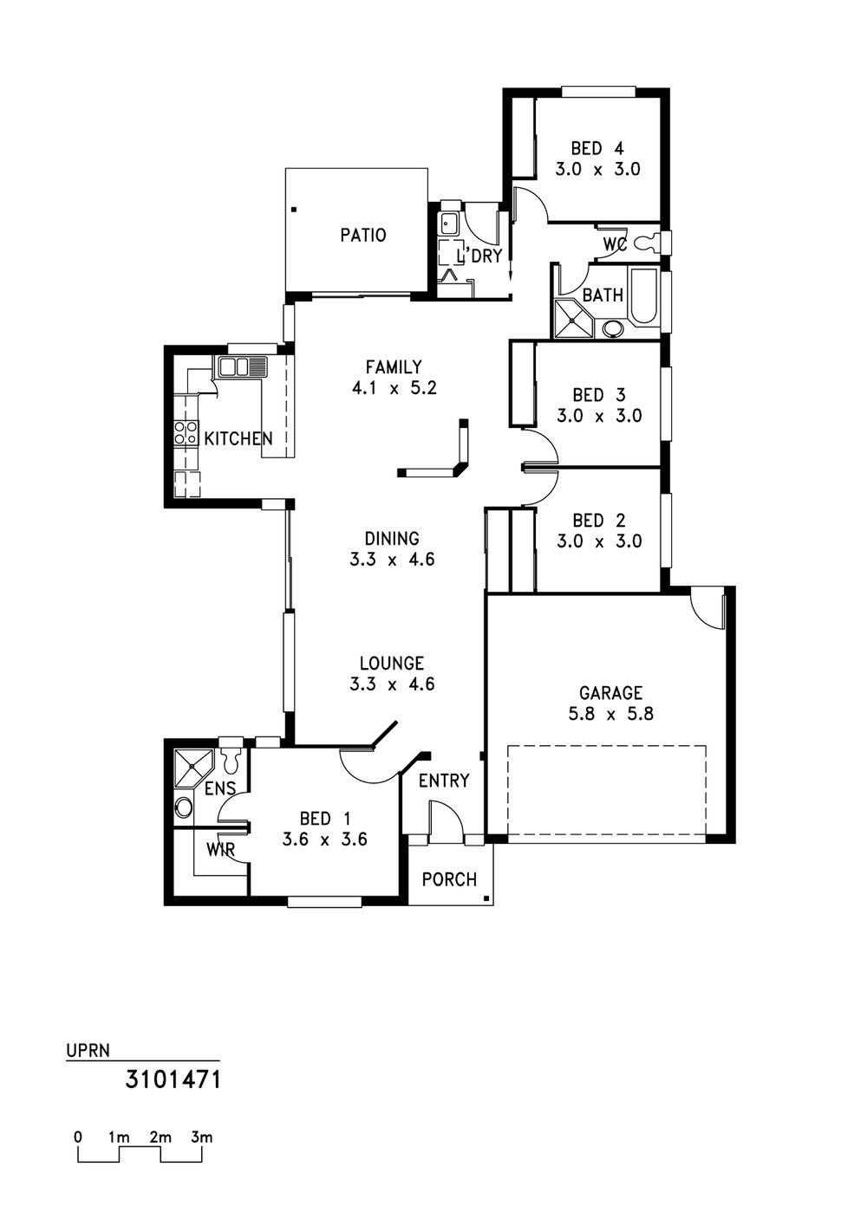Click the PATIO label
(x=363, y=235)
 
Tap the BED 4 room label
(x=597, y=148)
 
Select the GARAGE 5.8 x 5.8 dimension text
(x=611, y=714)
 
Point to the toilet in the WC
(x=649, y=243)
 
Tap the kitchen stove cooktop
(x=186, y=432)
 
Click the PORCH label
(x=449, y=879)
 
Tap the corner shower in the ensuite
(x=192, y=769)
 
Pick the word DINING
(x=392, y=539)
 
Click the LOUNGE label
(x=392, y=664)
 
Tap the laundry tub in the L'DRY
(x=451, y=223)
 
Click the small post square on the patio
(x=295, y=209)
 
